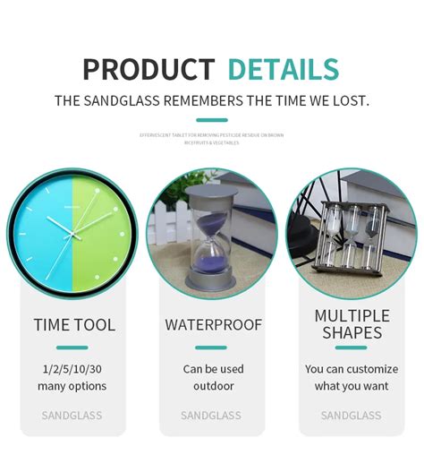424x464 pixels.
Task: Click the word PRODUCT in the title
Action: (148, 69)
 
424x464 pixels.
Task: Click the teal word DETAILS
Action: (283, 69)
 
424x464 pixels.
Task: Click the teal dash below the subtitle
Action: (211, 119)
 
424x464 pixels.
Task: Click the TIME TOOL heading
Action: (74, 325)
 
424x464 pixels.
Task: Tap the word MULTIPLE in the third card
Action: (352, 316)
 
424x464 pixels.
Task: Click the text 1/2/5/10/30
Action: (72, 369)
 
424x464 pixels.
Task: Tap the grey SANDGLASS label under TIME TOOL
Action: (72, 416)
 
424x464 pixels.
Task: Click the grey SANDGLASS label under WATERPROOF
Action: (211, 416)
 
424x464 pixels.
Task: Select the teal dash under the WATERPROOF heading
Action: (211, 348)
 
